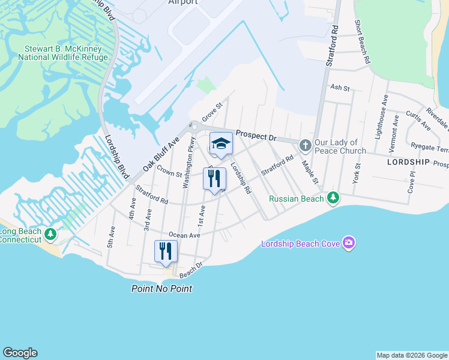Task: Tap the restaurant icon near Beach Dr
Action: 166,251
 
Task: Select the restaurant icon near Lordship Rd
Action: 214,178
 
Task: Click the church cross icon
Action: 305,145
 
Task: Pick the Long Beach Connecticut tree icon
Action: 51,233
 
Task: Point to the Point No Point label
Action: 162,289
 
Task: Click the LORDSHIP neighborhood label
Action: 408,162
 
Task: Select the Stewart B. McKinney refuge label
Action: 66,53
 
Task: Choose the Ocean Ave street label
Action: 184,235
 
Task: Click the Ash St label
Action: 340,88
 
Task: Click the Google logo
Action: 20,353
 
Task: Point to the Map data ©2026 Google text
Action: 411,355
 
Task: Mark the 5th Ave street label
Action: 111,237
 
